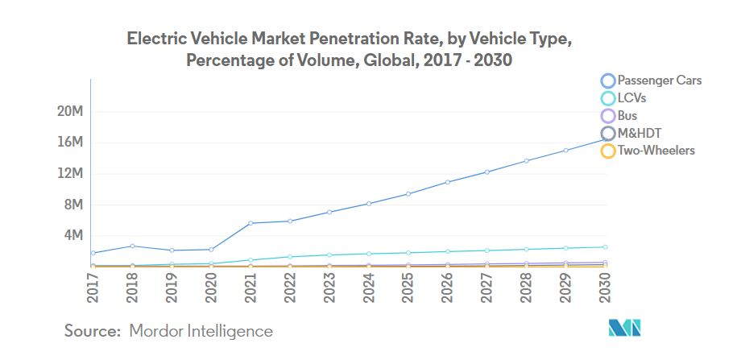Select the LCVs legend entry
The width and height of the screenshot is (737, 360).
coord(632,97)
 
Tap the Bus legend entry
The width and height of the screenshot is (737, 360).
coord(627,115)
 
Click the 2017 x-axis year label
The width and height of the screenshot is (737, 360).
coord(93,287)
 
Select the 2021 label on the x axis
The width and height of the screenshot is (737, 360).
coord(250,287)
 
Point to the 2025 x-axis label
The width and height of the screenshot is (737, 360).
coord(408,287)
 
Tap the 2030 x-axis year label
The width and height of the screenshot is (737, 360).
coord(604,287)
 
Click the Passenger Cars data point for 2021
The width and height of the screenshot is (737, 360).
coord(250,223)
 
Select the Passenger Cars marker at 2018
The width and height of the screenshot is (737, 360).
coord(133,246)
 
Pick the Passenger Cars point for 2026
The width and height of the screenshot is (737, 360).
coord(447,182)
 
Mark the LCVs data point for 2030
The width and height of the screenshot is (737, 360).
coord(604,247)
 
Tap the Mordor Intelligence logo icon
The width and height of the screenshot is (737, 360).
coord(624,329)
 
